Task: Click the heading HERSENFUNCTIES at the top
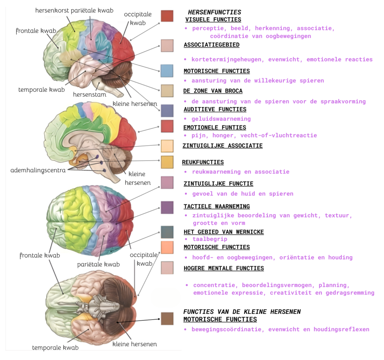(x=214, y=12)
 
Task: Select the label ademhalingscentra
(x=38, y=170)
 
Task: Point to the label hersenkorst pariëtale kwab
(x=74, y=10)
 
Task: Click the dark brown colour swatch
(x=167, y=318)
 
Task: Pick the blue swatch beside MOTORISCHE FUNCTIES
(x=167, y=71)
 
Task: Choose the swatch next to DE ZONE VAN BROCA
(x=167, y=91)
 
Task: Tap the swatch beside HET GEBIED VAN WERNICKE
(x=167, y=232)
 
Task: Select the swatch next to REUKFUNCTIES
(x=167, y=162)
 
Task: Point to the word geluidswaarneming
(x=221, y=119)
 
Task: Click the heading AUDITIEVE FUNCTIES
(x=214, y=109)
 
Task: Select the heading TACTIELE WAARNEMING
(x=216, y=206)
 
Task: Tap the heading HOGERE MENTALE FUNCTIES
(x=223, y=268)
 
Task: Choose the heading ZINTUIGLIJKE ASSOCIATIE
(x=222, y=146)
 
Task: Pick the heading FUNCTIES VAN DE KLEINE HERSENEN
(x=242, y=312)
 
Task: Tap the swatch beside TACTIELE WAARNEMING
(x=167, y=207)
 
